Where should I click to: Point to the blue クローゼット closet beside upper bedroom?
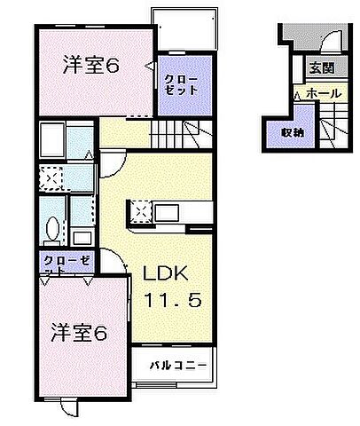tap(183, 85)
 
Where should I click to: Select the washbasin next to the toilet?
tap(81, 237)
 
